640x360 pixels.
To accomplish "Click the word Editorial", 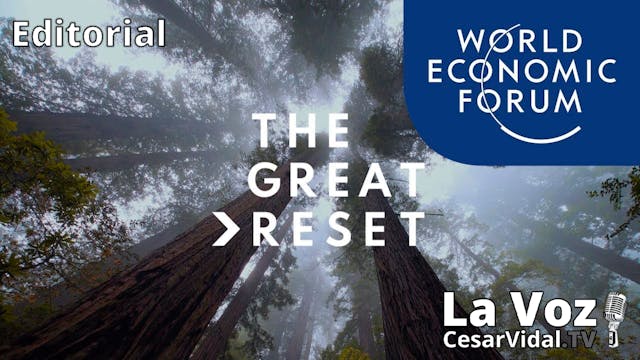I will (89, 35).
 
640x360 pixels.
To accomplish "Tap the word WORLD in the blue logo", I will (518, 42).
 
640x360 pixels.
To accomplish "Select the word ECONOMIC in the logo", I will (518, 71).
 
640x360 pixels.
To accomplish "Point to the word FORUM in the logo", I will (518, 100).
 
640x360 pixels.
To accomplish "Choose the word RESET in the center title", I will (339, 228).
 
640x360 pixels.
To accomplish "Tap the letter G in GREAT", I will (262, 181).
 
